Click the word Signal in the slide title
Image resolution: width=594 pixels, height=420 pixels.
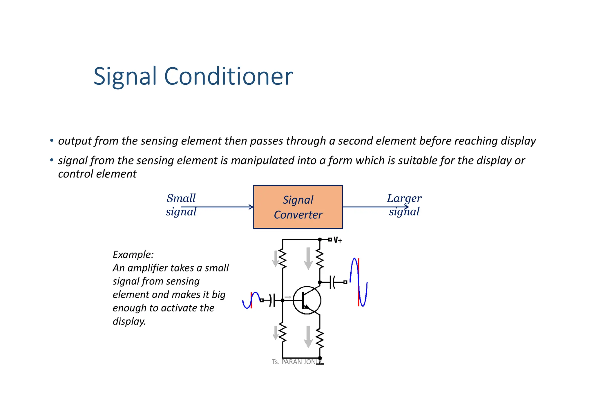tap(125, 76)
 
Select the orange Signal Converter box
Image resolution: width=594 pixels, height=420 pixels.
tap(298, 207)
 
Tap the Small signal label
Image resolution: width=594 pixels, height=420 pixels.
tap(181, 205)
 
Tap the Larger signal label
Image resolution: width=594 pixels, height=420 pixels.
tap(404, 205)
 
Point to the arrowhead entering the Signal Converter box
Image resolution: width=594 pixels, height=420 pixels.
tap(251, 207)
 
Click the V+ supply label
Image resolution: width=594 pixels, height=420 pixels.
tap(338, 240)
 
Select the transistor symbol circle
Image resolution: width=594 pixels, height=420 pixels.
tap(307, 300)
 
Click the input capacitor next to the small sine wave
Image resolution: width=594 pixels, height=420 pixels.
tap(272, 300)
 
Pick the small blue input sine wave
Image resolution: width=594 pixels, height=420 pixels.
tap(251, 300)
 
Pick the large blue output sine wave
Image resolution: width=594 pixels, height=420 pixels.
tap(358, 282)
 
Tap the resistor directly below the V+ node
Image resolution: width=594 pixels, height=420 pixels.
tap(320, 259)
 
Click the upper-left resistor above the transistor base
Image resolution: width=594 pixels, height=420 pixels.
tap(282, 259)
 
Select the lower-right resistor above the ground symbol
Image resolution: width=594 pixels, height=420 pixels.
tap(320, 338)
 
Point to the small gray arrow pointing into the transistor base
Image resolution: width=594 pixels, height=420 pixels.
tap(288, 297)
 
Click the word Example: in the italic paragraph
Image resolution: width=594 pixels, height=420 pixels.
tap(133, 255)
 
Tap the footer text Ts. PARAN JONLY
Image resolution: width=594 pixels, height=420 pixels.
tap(296, 362)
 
